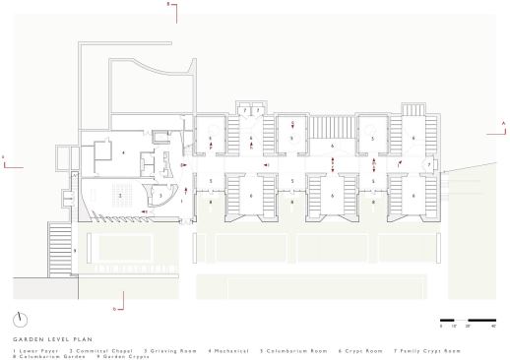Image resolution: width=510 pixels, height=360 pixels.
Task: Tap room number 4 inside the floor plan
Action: click(123, 154)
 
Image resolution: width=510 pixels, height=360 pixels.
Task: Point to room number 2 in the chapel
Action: click(119, 197)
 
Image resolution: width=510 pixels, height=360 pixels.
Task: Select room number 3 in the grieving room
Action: click(160, 197)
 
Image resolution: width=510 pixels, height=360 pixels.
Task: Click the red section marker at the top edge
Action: click(169, 8)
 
